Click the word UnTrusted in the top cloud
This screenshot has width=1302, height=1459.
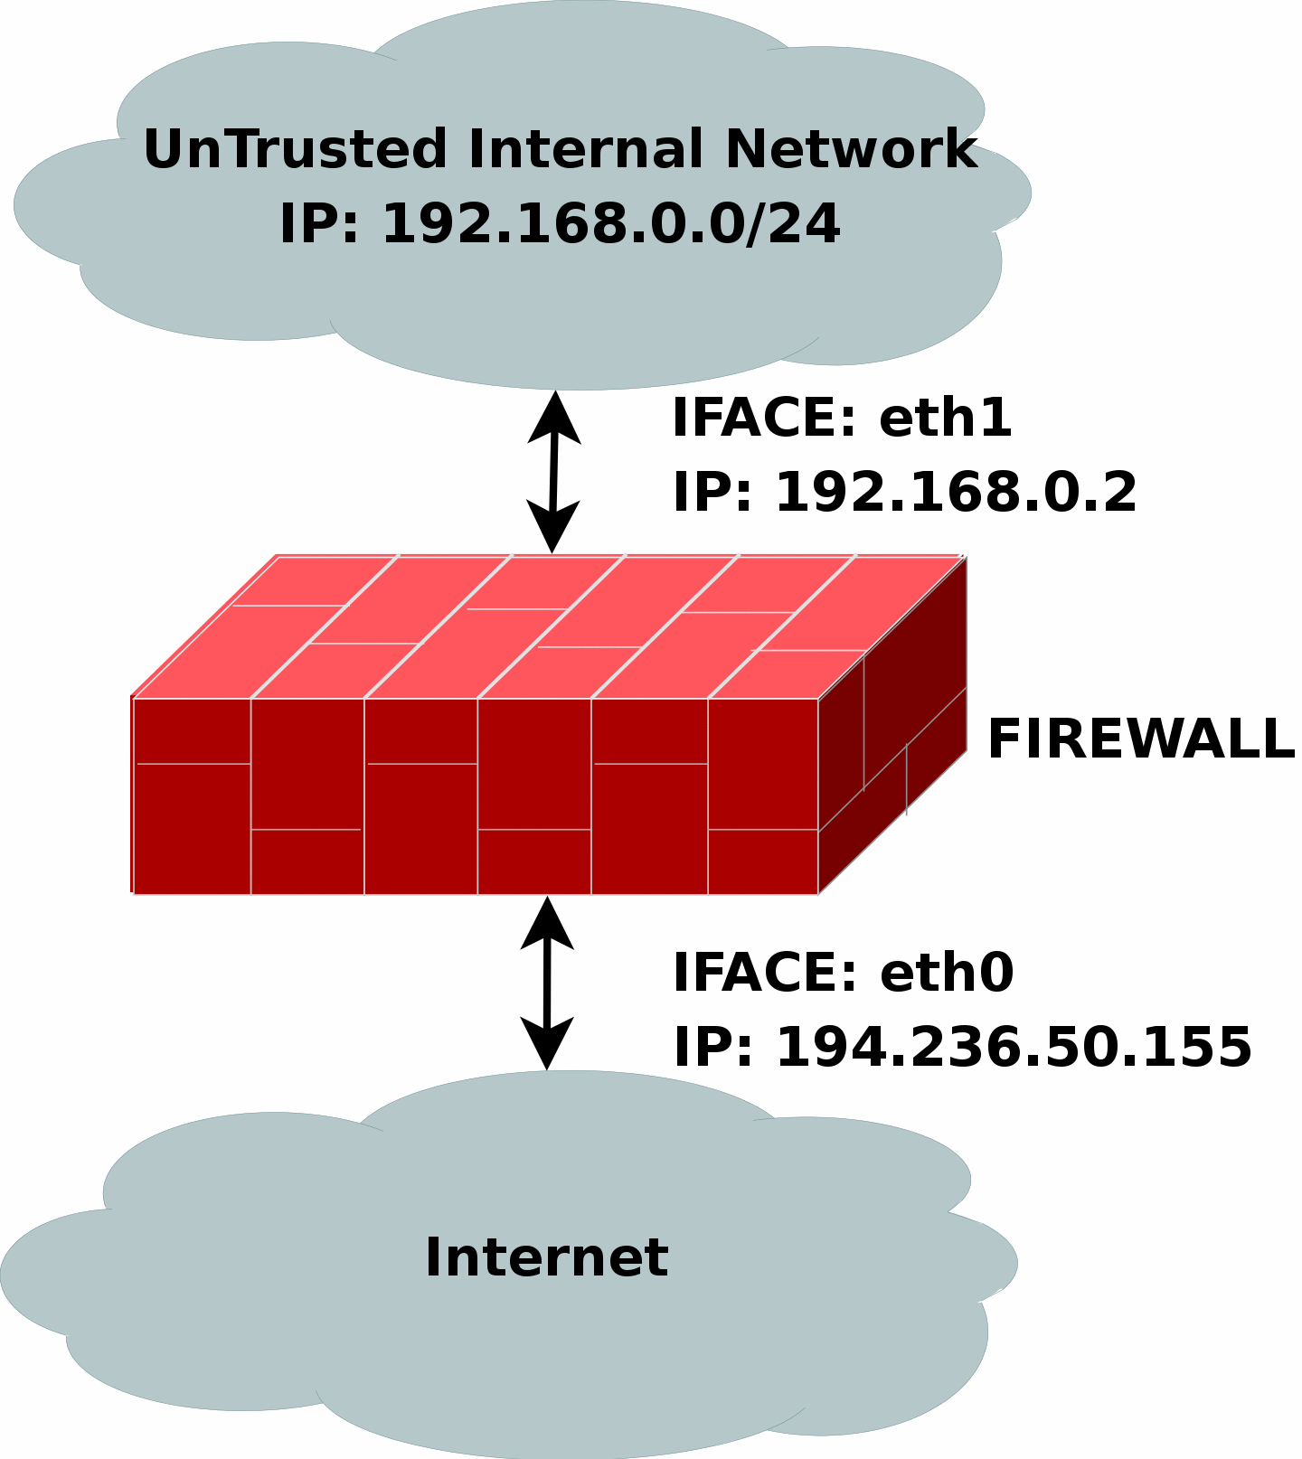(x=295, y=149)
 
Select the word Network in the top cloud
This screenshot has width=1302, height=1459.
(x=851, y=149)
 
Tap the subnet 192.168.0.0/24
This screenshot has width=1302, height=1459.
(x=611, y=223)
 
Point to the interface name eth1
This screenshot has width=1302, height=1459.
(x=945, y=419)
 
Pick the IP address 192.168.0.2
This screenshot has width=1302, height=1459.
(x=956, y=493)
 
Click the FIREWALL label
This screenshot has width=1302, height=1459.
(x=1141, y=739)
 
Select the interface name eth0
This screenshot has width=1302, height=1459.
(x=947, y=973)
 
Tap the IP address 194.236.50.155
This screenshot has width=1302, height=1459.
(x=1014, y=1047)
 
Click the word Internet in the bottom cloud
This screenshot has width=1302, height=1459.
(x=546, y=1257)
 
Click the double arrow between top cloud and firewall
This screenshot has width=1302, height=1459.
(x=553, y=472)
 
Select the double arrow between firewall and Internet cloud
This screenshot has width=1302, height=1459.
(x=547, y=984)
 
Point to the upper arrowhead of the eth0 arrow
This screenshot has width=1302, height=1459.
(x=547, y=923)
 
